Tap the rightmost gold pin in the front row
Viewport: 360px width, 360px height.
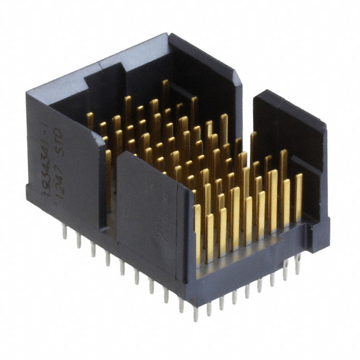point(299,197)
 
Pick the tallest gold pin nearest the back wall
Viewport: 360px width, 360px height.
point(165,93)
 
